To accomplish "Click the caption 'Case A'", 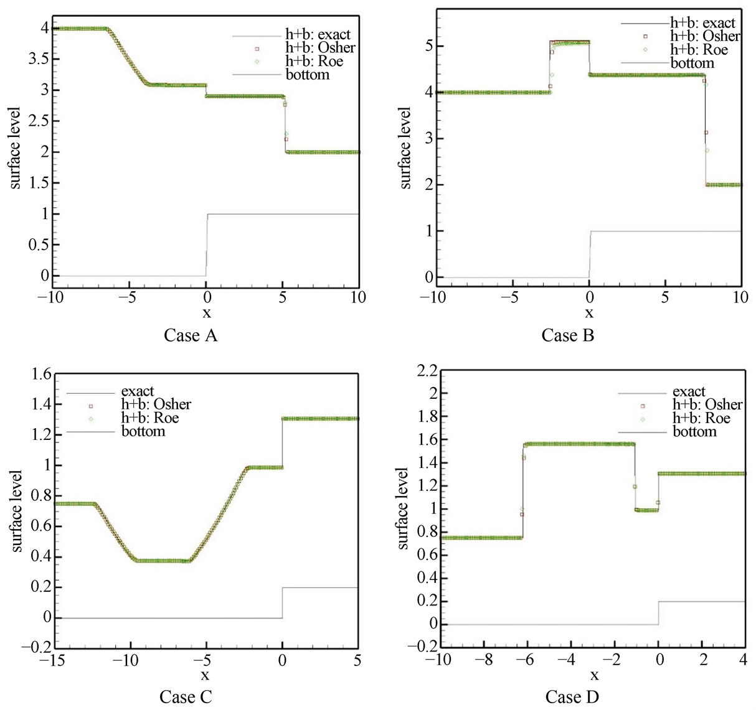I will coord(191,335).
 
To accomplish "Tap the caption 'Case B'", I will coord(567,335).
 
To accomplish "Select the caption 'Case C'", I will coord(186,696).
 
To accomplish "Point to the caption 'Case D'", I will coord(572,697).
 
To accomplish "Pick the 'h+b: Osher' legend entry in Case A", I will coord(320,47).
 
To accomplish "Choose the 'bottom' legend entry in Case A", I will coord(307,75).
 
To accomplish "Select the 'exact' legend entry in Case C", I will coord(138,391).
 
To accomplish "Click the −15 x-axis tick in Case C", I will coord(54,660).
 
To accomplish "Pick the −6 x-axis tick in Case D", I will coord(526,660).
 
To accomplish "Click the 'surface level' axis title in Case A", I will coord(16,148).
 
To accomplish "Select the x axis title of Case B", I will coord(589,313).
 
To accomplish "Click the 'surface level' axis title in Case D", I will coord(404,508).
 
